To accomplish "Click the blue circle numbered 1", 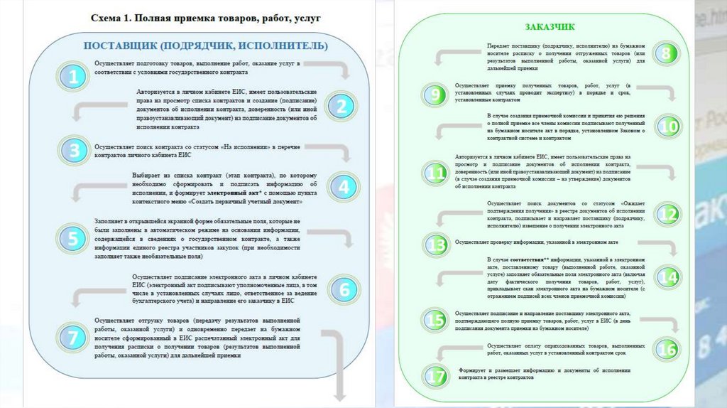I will tap(73, 76).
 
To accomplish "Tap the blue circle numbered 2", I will tap(341, 107).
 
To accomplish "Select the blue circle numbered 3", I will tap(73, 150).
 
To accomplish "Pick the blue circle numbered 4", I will tap(343, 187).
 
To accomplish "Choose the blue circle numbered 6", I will tap(344, 289).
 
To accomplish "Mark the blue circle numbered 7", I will tap(73, 337).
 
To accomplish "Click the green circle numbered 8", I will tap(665, 53).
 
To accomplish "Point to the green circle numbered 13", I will tap(434, 245).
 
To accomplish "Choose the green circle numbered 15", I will tap(435, 320).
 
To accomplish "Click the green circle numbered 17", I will tap(435, 375).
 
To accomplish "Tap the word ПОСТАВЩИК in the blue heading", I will tap(120, 46).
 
